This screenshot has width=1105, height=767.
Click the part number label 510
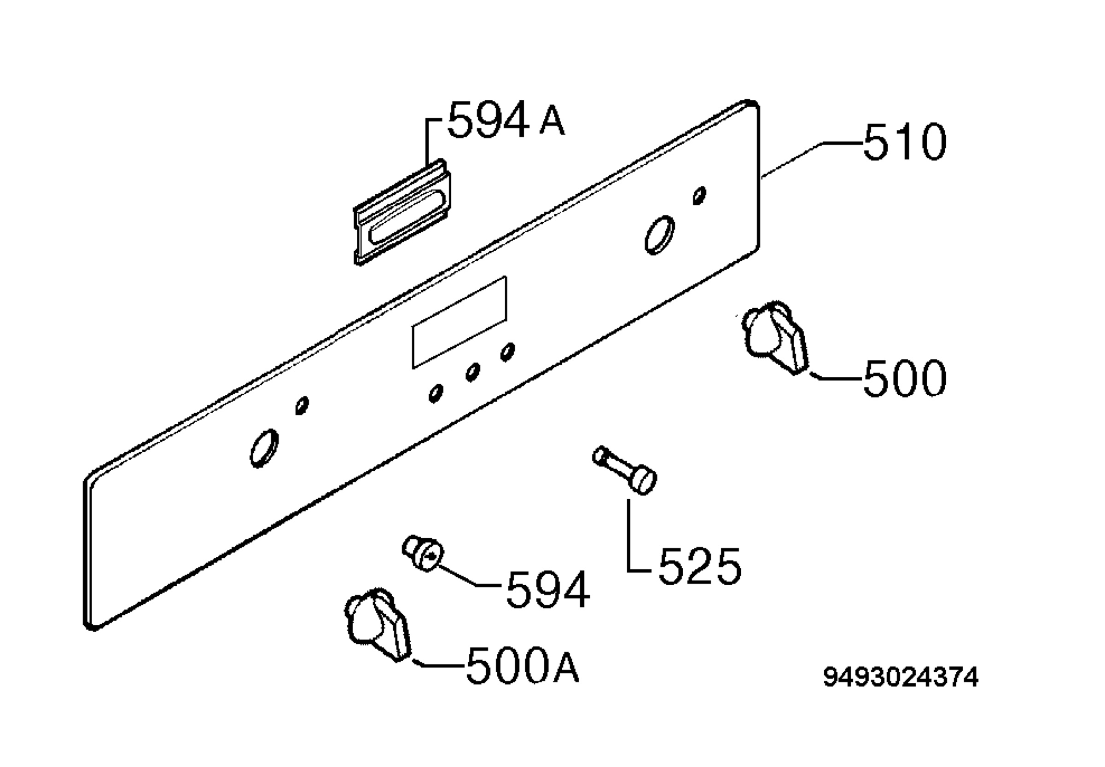[x=904, y=142]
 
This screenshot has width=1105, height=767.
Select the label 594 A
[x=506, y=120]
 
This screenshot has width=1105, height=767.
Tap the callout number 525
[x=700, y=566]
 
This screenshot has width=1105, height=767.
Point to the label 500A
[x=523, y=665]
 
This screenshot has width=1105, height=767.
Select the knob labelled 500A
[x=378, y=624]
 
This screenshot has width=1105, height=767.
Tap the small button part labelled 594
[x=423, y=553]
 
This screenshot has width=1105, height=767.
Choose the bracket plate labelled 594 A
[x=402, y=212]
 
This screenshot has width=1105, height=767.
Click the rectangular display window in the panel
[x=459, y=323]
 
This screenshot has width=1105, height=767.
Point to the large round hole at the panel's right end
[x=659, y=235]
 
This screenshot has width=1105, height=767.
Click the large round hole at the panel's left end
[x=264, y=447]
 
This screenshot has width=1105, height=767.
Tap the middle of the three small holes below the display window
[x=472, y=372]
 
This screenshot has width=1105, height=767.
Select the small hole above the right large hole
[x=700, y=195]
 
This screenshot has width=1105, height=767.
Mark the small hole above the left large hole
[x=302, y=405]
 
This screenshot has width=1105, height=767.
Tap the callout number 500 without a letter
[x=904, y=378]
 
